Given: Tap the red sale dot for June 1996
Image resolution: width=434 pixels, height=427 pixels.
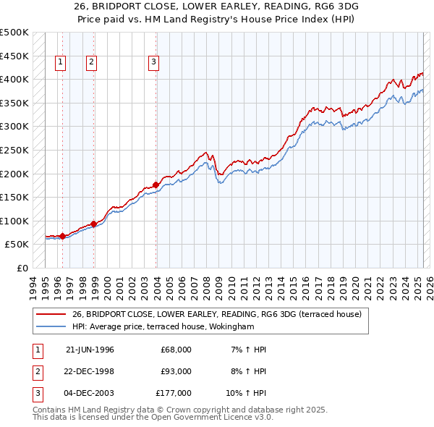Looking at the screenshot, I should tap(62, 236).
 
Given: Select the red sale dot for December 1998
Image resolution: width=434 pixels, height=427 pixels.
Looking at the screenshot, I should tap(94, 224).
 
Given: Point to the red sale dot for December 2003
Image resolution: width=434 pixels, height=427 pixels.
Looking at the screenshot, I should tap(156, 185).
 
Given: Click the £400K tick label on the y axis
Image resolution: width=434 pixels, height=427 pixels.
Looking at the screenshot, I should tap(14, 79).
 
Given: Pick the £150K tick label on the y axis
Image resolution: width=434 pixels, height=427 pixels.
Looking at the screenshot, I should tap(14, 197).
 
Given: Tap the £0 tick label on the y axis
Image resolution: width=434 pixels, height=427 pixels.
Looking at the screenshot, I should tap(22, 268).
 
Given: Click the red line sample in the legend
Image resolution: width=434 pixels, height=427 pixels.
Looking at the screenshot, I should tap(51, 314).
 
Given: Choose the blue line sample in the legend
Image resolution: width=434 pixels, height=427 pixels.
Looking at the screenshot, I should tap(51, 326).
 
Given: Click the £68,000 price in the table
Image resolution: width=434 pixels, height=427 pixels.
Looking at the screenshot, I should tap(176, 350).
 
